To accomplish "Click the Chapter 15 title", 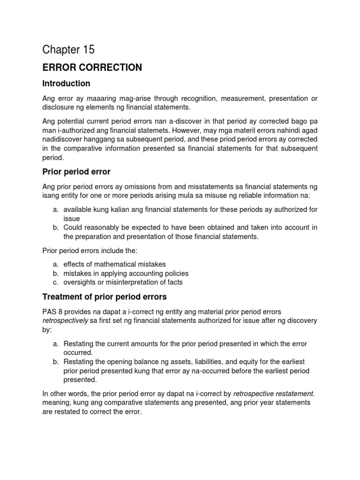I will pos(68,49).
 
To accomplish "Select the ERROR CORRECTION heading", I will pos(92,67).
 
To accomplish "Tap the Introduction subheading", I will pos(66,83).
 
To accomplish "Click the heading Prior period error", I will pos(76,172).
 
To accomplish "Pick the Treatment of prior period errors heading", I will pos(104,297).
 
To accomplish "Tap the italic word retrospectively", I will pos(66,321).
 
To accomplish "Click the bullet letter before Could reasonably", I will pos(55,228).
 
